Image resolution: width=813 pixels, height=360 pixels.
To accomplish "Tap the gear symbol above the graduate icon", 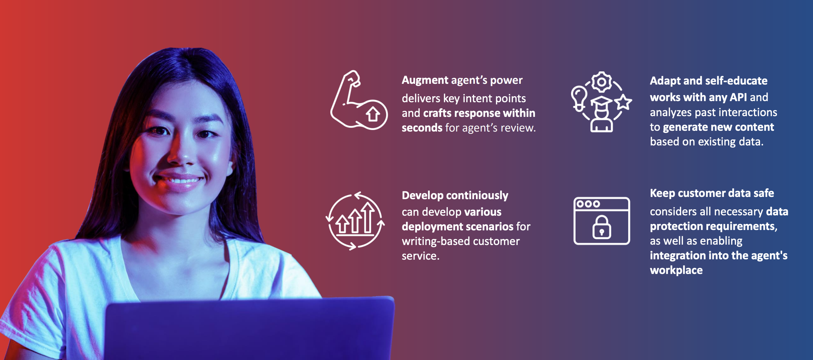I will point(601,82).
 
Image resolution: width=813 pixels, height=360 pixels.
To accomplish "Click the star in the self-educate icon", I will point(623,102).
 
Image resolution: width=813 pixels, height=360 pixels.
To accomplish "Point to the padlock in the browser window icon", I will point(601,227).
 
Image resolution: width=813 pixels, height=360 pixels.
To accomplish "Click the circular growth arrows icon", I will point(355,221).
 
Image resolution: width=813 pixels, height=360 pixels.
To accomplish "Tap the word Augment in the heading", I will point(425,80).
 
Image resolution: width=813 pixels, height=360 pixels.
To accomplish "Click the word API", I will point(738,97).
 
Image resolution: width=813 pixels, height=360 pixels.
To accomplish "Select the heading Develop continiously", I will point(455,195).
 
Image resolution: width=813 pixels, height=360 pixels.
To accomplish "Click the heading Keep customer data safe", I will point(712,193).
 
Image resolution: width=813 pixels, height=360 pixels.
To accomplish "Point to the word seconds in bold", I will point(422,128).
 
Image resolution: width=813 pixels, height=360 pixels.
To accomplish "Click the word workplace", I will point(676,270).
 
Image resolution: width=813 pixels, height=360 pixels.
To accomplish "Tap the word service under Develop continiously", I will point(420,256).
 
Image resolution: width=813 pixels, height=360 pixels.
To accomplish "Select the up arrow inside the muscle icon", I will point(373,114).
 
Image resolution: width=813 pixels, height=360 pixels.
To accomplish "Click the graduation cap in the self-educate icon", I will point(601,101).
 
